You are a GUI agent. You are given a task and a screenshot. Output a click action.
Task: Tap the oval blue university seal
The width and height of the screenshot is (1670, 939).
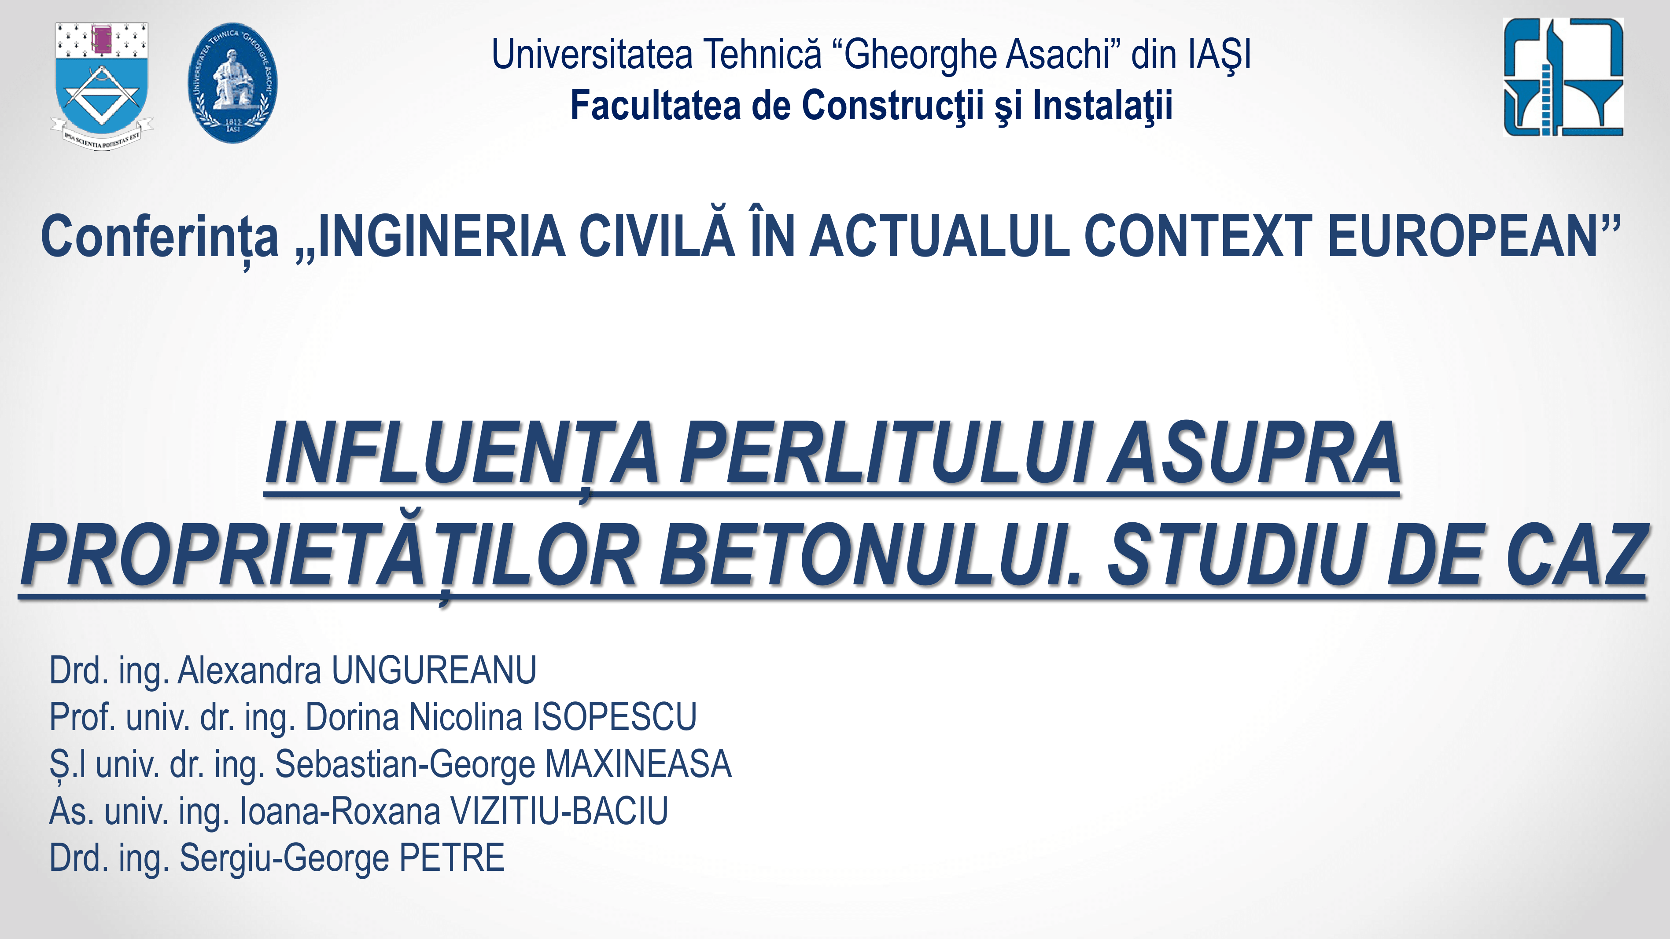coord(233,84)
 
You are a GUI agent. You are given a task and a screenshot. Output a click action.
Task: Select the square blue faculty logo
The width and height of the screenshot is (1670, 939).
coord(1563,77)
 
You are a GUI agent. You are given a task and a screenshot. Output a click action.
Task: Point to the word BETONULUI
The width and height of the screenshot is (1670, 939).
coord(870,555)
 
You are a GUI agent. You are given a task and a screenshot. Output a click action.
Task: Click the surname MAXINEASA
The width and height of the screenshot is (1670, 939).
coord(638,764)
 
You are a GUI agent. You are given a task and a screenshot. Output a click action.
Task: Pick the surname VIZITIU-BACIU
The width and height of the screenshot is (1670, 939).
coord(559,811)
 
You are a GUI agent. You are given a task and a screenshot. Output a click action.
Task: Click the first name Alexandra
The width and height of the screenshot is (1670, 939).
coord(249,670)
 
